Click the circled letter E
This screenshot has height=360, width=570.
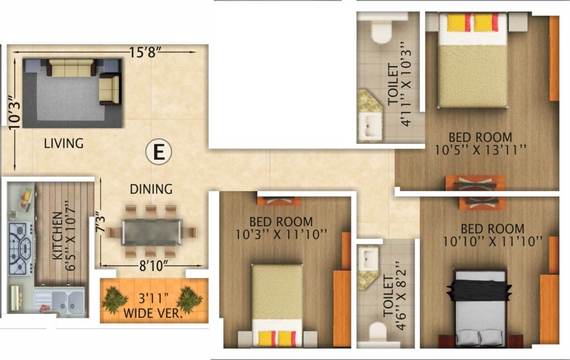click(x=159, y=153)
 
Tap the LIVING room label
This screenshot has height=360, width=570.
click(x=64, y=143)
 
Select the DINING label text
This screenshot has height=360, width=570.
click(x=151, y=189)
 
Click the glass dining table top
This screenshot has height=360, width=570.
click(x=151, y=232)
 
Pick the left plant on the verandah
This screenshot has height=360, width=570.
click(x=114, y=300)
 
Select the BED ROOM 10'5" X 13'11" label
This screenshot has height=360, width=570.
click(x=480, y=143)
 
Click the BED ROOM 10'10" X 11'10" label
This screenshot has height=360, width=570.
click(x=492, y=235)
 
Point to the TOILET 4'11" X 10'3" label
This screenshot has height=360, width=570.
click(x=398, y=84)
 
